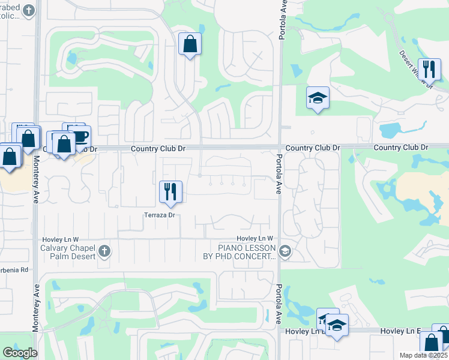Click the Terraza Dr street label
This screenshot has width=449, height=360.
[x=159, y=215]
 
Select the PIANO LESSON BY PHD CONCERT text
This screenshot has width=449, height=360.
[x=247, y=252]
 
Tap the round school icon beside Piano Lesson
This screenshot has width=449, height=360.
[x=285, y=251]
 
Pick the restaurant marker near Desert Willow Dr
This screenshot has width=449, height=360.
[x=429, y=69]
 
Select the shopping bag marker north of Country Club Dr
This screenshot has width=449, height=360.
[x=190, y=44]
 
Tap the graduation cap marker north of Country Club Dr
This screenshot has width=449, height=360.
[x=318, y=98]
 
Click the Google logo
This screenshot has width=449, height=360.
[x=20, y=353]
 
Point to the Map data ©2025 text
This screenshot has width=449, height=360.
[x=423, y=355]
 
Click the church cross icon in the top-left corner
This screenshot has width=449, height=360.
[x=28, y=10]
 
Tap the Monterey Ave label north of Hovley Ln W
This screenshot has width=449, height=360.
[x=36, y=179]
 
